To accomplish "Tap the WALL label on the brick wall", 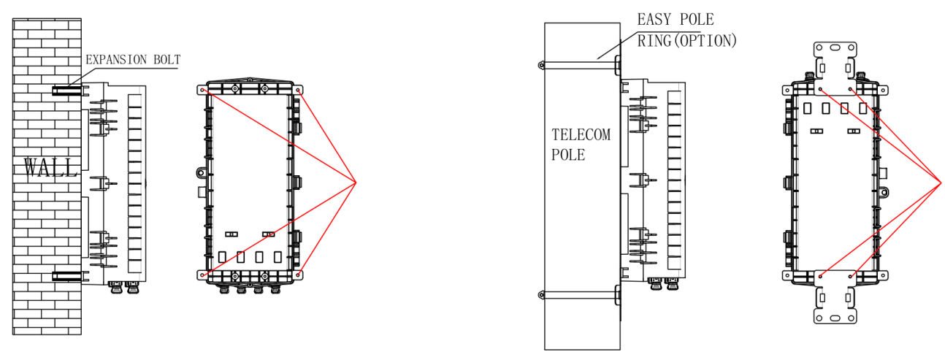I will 50,168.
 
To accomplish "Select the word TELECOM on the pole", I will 581,136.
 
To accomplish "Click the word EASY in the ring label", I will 655,20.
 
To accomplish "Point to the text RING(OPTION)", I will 686,41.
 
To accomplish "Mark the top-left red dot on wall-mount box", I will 202,91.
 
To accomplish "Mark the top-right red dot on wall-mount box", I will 299,91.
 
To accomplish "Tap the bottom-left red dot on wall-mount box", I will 202,275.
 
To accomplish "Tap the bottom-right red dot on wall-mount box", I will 299,275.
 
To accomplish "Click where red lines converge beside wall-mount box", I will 356,181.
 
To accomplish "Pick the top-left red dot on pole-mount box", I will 820,90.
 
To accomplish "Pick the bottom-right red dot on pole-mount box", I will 850,276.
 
